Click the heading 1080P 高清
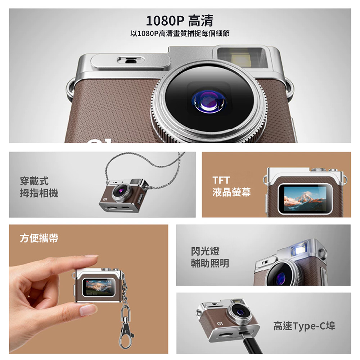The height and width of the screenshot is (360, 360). pos(180,21)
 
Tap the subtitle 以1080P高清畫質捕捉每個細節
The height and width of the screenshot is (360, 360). pos(180,33)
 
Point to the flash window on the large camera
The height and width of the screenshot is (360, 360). pos(242,58)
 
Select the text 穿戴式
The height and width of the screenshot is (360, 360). pos(34,181)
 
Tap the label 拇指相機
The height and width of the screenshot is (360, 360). pos(39,193)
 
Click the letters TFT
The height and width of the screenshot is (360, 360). pos(221,180)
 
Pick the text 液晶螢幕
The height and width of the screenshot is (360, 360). pos(231,192)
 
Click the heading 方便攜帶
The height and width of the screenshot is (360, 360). pos(39,238)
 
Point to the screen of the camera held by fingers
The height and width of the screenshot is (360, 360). pos(98,287)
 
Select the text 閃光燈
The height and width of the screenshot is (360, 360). pos(205,251)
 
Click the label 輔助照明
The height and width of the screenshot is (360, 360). pos(210,263)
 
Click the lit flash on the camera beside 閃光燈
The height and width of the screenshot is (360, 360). pos(299,249)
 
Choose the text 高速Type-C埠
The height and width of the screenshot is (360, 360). pos(304,326)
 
